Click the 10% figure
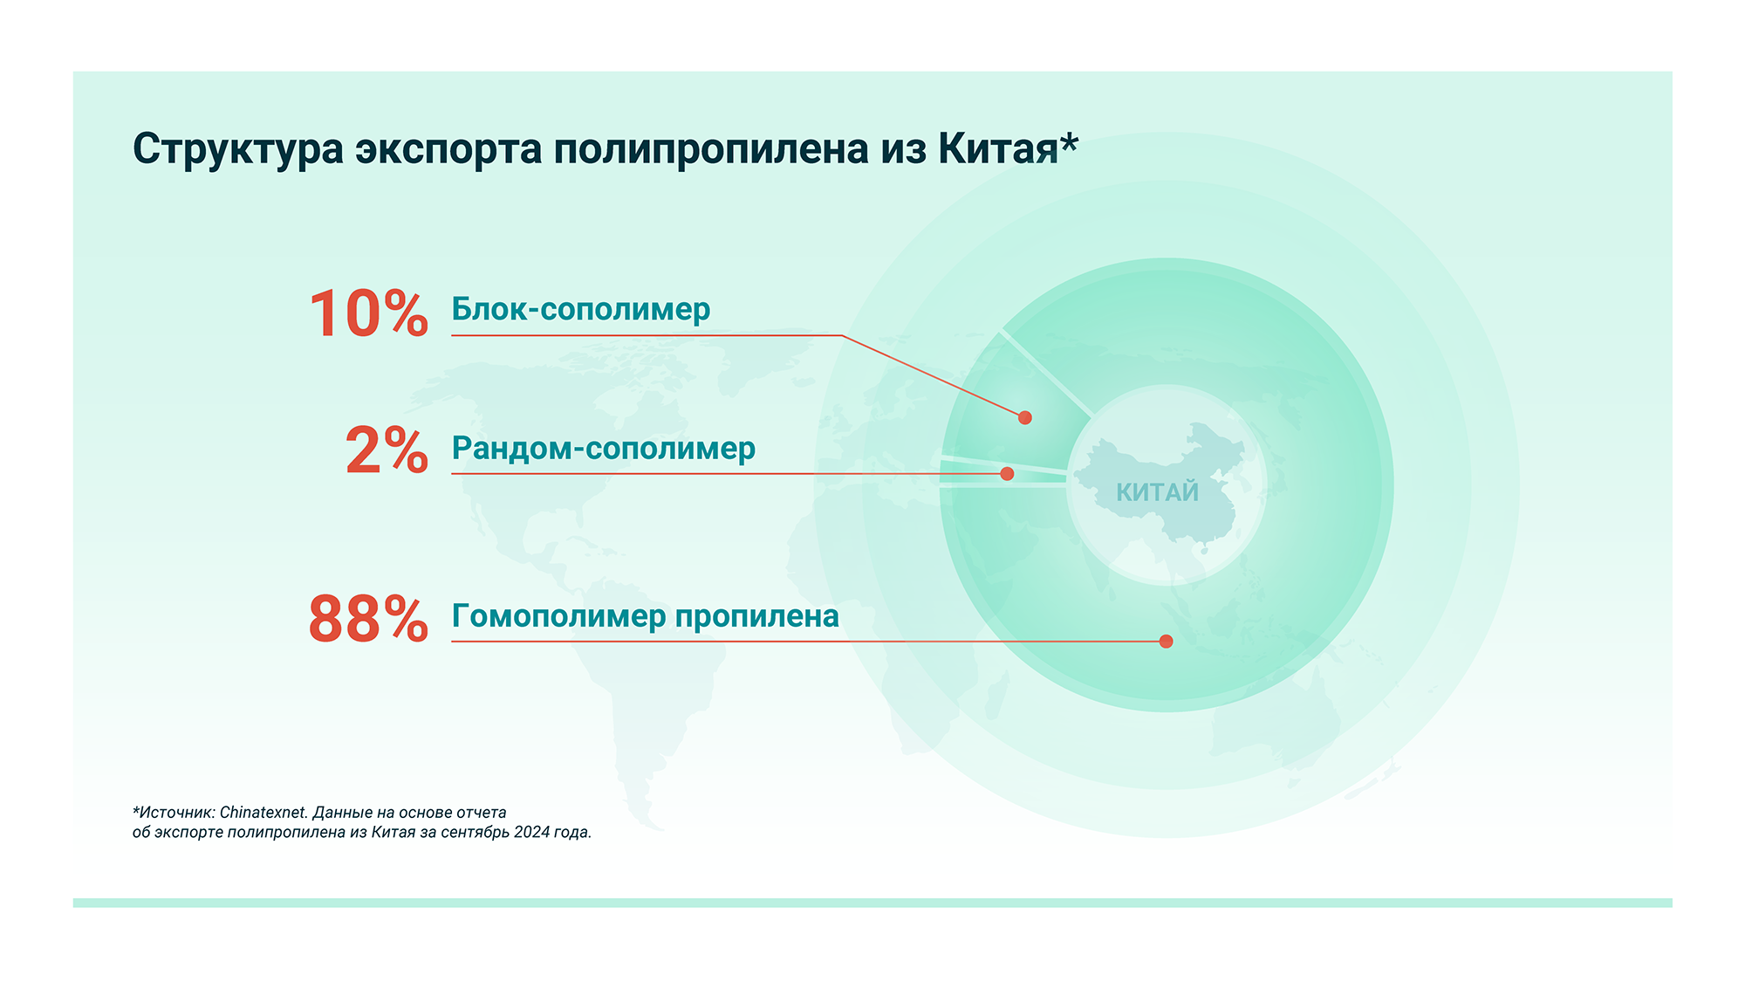[x=368, y=314]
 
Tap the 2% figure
[x=387, y=450]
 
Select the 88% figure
[x=368, y=619]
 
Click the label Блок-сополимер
[x=581, y=310]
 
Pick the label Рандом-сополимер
[x=604, y=449]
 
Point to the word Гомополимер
[x=559, y=617]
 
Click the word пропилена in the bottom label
[x=757, y=617]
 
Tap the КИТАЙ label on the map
[x=1158, y=492]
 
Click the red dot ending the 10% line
[x=1025, y=418]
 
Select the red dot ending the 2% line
[x=1007, y=474]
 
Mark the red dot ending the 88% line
[x=1166, y=642]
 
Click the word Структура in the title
[x=238, y=150]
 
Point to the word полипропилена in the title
[x=711, y=150]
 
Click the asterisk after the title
[x=1070, y=141]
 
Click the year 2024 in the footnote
[x=531, y=832]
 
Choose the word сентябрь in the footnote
[x=475, y=833]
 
